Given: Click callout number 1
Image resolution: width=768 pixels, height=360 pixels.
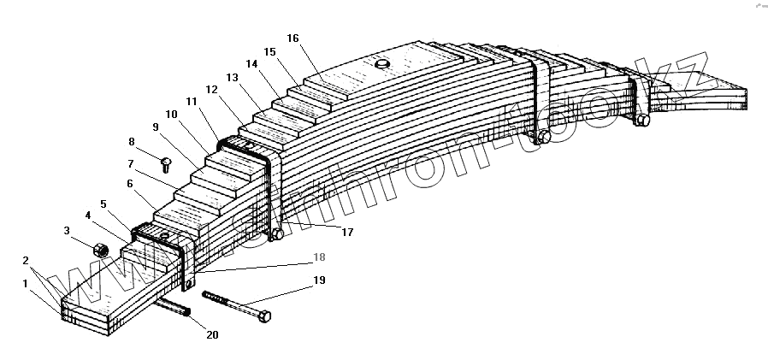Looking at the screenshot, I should coord(26,282).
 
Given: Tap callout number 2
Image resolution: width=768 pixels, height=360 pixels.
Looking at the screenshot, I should coord(26,260).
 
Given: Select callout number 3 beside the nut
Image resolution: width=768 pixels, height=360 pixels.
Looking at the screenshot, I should coord(67,230).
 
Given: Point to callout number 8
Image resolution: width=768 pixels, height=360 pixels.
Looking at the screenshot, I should coord(132,141).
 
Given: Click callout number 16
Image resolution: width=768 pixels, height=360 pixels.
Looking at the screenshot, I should coord(293,38).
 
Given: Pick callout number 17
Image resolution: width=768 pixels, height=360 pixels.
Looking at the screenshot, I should coord(346,231).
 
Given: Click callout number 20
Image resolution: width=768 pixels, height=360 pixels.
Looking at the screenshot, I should coord(212,334).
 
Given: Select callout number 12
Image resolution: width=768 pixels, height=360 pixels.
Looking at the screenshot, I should coord(211,90).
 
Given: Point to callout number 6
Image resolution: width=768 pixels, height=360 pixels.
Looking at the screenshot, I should coord(129,183).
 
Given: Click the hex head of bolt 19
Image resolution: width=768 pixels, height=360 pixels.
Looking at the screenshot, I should coord(264,316).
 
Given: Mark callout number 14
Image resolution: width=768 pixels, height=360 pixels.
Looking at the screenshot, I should coord(251,64).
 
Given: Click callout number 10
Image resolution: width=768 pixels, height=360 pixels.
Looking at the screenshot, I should coord(171,114).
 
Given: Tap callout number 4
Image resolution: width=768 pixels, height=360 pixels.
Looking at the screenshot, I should coord(88,215).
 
